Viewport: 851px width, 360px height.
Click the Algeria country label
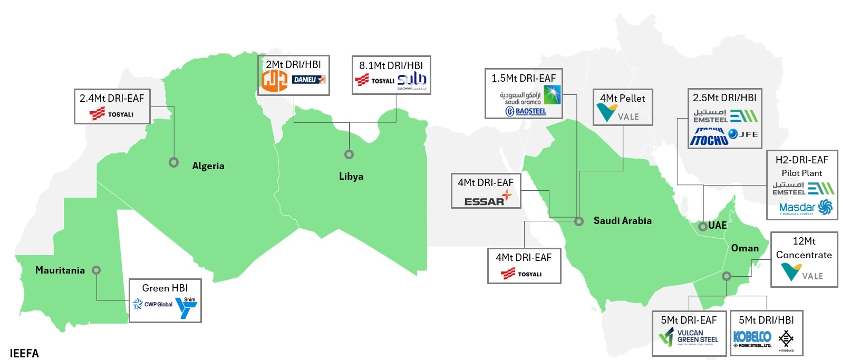208,166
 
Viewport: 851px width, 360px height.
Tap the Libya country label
351,177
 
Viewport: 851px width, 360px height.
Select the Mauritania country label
60,270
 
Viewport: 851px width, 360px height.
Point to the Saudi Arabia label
623,221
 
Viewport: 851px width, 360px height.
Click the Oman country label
745,248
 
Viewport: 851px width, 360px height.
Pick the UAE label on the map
718,226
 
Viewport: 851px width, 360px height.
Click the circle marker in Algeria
173,162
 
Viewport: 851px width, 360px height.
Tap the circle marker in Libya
349,154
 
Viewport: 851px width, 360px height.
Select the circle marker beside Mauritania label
96,270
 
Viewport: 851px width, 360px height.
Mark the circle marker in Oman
727,276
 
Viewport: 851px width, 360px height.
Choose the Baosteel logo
526,111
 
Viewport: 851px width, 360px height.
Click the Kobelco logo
752,338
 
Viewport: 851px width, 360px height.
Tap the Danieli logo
309,80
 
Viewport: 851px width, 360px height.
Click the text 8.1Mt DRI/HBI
391,65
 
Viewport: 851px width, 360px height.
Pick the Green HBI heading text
165,288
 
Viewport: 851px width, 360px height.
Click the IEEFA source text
24,353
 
